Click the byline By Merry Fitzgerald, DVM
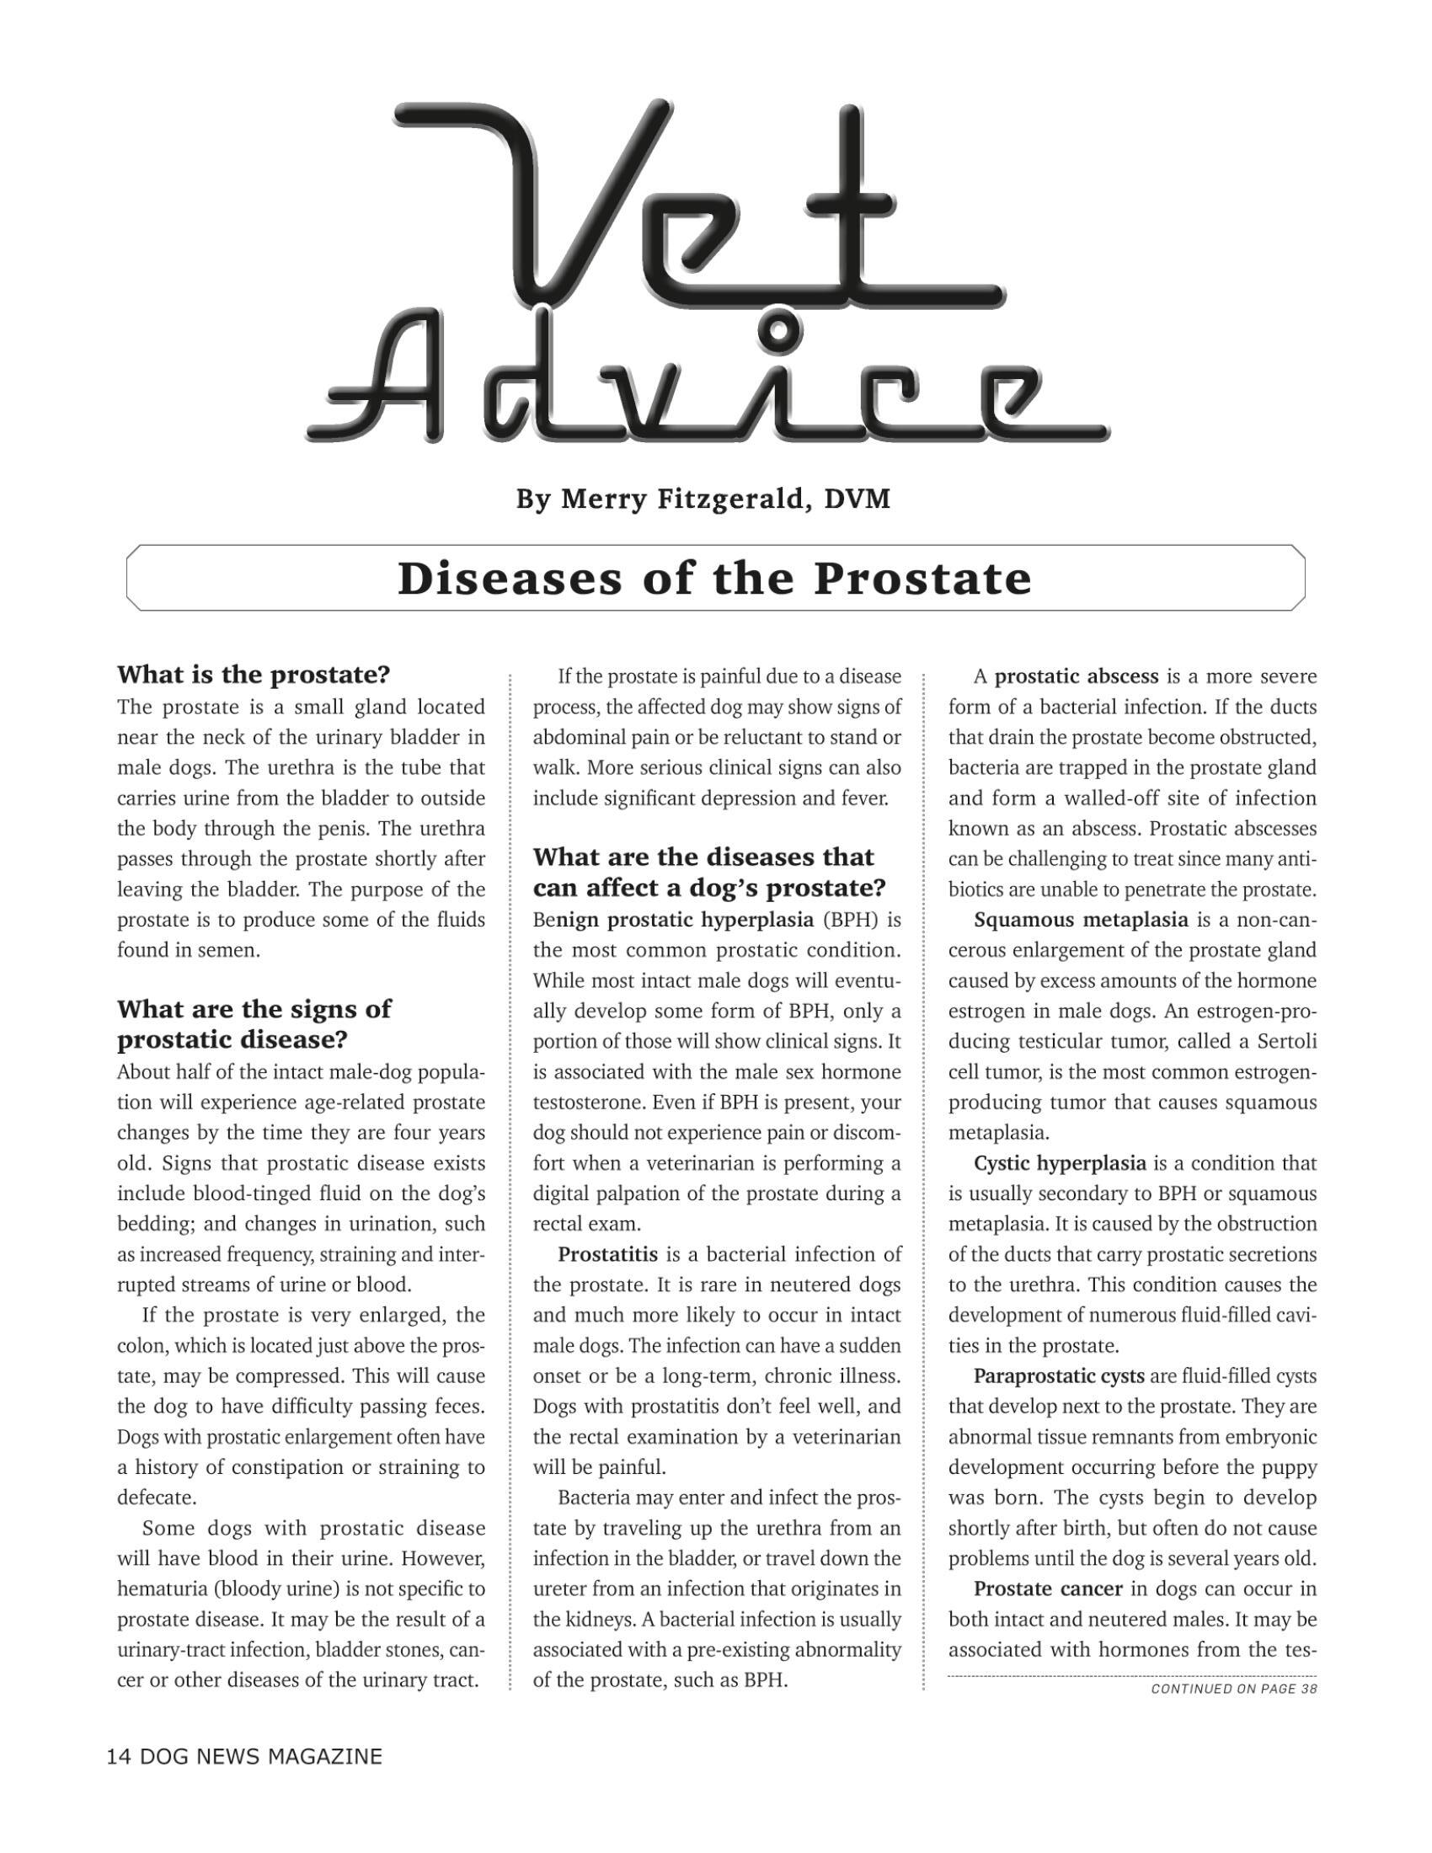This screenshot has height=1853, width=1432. [x=703, y=499]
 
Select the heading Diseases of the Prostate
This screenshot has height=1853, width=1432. [x=714, y=579]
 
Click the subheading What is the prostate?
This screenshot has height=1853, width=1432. [x=253, y=676]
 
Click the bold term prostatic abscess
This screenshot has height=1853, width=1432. [x=1076, y=676]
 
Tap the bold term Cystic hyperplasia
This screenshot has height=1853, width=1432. [x=1060, y=1163]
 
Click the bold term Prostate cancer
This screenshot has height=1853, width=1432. [x=1048, y=1589]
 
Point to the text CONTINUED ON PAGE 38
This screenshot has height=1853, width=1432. [x=1233, y=1689]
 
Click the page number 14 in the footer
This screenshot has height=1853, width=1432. [x=118, y=1756]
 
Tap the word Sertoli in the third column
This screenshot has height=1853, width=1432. [x=1286, y=1042]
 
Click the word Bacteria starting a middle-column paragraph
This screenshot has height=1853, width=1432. [x=594, y=1498]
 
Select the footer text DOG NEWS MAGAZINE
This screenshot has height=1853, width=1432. [x=260, y=1756]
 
